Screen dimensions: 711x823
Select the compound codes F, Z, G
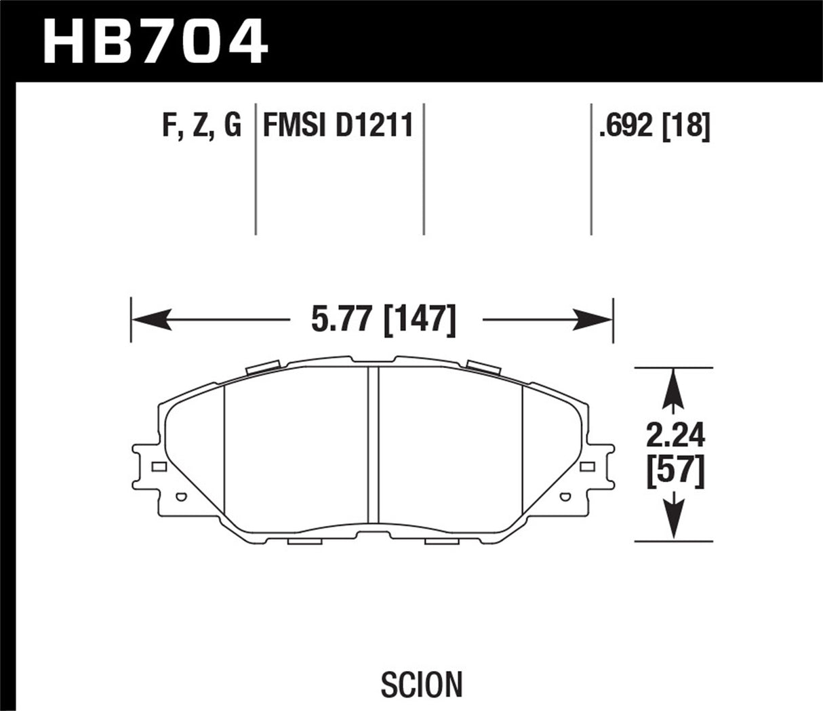[x=201, y=126]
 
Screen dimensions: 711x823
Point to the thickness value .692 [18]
[x=654, y=126]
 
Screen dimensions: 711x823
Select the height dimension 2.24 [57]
[x=675, y=454]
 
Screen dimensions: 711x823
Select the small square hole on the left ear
[x=159, y=466]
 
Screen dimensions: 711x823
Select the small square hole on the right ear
[x=587, y=466]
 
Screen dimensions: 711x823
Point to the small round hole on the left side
[x=180, y=497]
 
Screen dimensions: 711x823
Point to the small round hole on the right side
[x=566, y=497]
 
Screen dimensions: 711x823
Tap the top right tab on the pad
[x=482, y=368]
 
